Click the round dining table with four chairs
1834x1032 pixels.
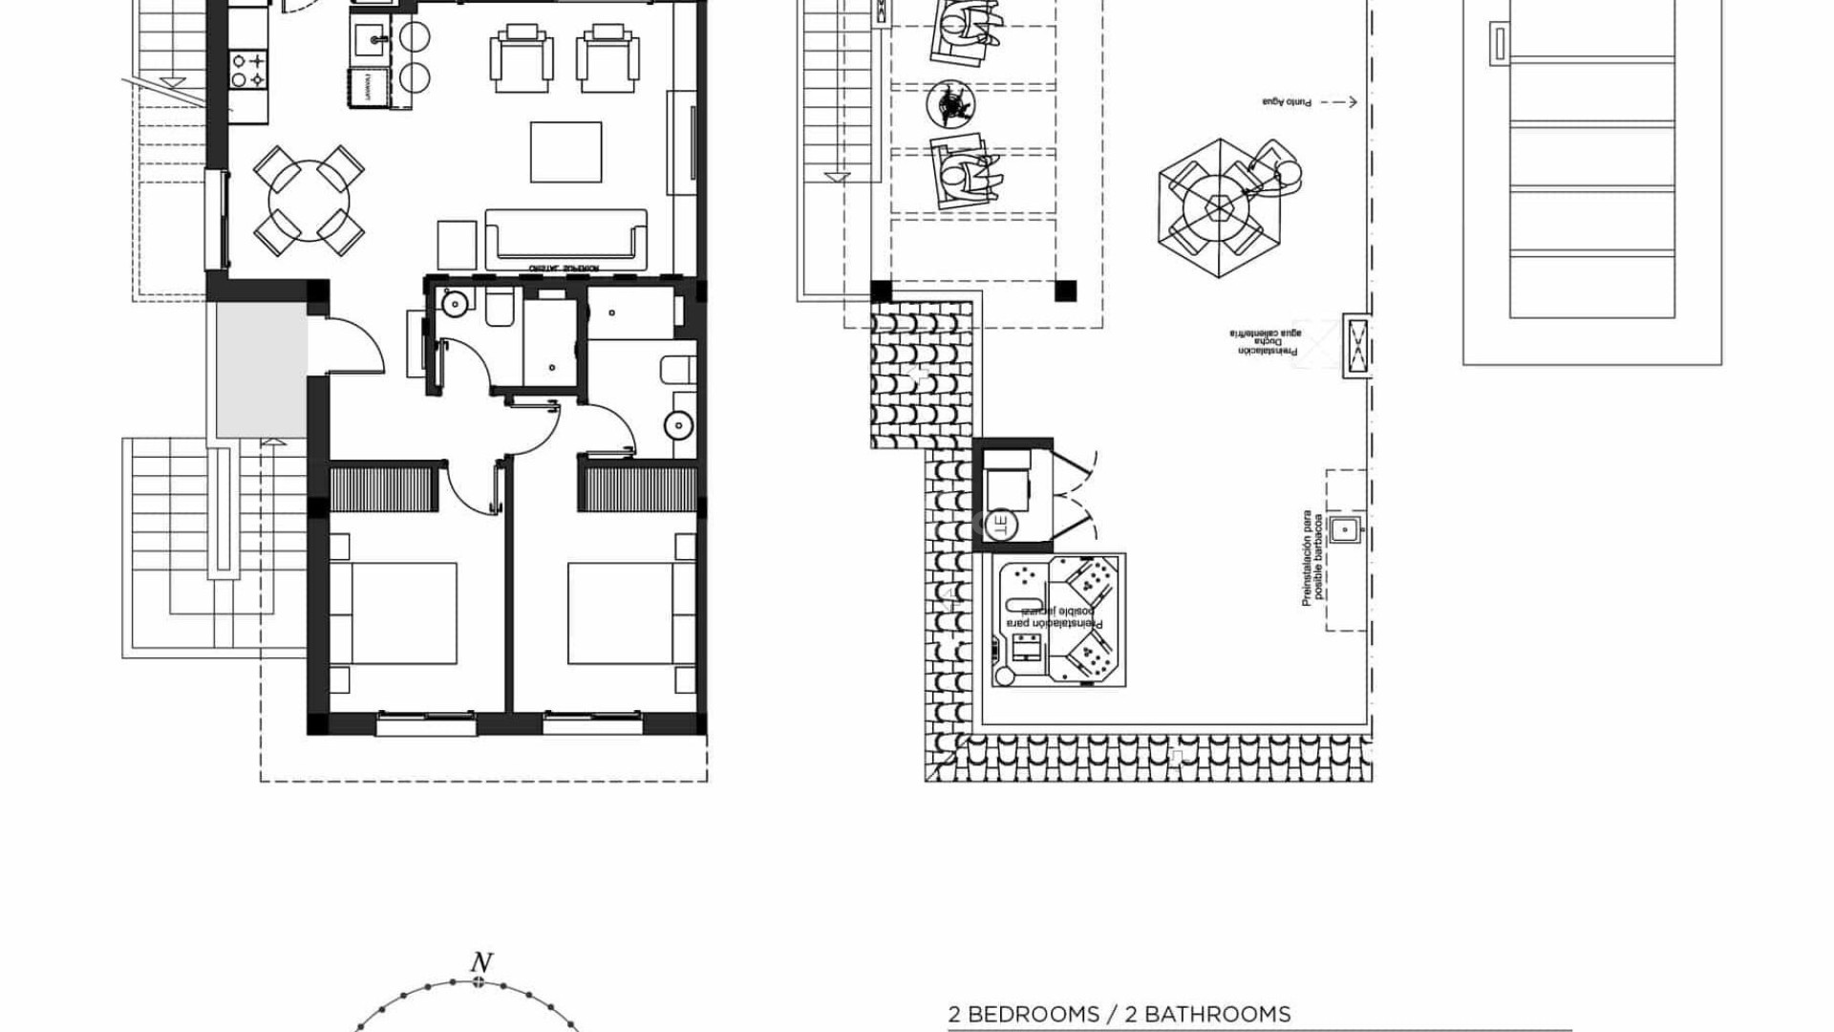308,202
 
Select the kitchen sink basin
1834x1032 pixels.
372,40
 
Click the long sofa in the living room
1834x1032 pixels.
565,239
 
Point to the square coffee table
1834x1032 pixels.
565,151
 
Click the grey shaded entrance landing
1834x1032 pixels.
261,371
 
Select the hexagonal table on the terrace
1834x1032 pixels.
1220,208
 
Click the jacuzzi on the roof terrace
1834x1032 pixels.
1057,620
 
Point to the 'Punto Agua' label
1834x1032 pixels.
1287,102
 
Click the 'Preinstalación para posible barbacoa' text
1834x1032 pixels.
1312,557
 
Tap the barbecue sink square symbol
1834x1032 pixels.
1345,528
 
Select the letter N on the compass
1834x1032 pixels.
481,962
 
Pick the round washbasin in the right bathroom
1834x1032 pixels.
679,424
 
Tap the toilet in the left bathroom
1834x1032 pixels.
501,309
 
